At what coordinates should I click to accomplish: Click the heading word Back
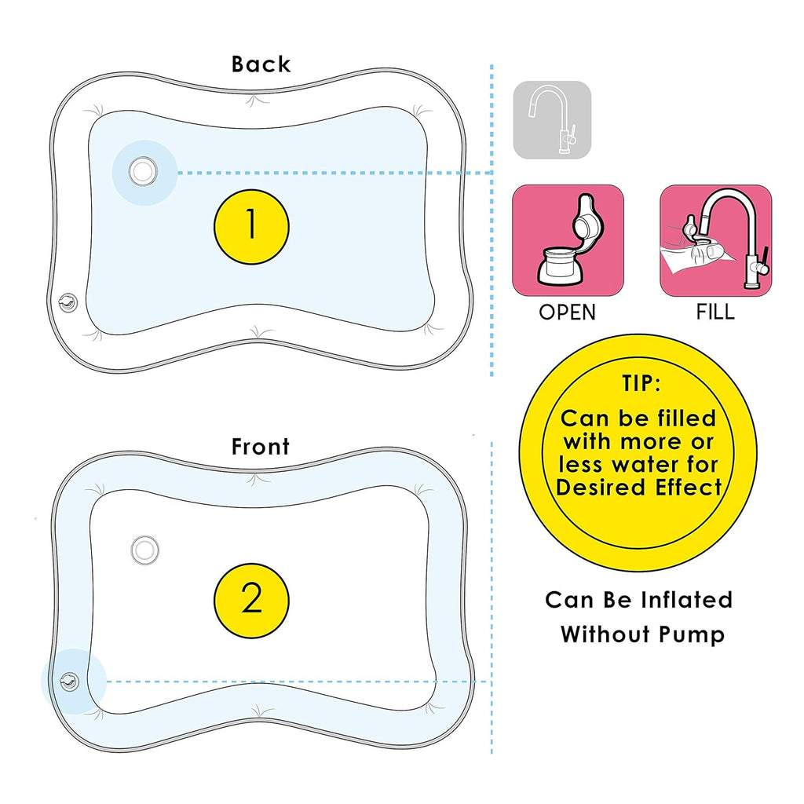click(x=261, y=64)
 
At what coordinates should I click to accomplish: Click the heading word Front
click(x=261, y=447)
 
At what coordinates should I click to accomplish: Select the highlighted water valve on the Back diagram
click(x=142, y=171)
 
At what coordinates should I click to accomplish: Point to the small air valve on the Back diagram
click(x=68, y=301)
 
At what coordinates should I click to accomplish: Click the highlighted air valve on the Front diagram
click(x=71, y=681)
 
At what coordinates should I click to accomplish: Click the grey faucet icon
click(x=551, y=120)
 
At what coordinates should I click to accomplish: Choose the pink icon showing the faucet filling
click(x=715, y=240)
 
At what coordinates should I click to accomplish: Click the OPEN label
click(x=567, y=312)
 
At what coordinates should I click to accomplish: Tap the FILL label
click(x=715, y=312)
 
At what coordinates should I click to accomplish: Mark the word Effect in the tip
click(x=689, y=487)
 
